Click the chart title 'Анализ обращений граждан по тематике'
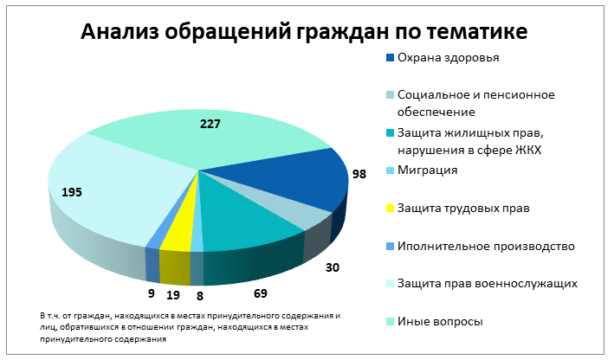point(304,33)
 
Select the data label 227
point(210,124)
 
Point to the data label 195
point(72,191)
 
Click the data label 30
point(333,268)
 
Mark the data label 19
point(174,294)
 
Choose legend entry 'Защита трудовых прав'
point(462,209)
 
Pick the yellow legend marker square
point(390,209)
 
